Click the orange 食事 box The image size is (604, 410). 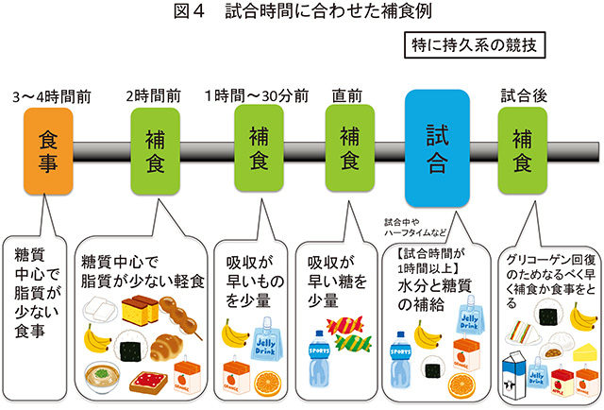[x=46, y=152]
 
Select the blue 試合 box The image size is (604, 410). [x=435, y=149]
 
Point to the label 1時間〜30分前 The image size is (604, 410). [x=257, y=96]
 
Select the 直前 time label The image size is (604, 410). [x=348, y=96]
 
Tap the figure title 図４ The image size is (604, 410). [x=202, y=13]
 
